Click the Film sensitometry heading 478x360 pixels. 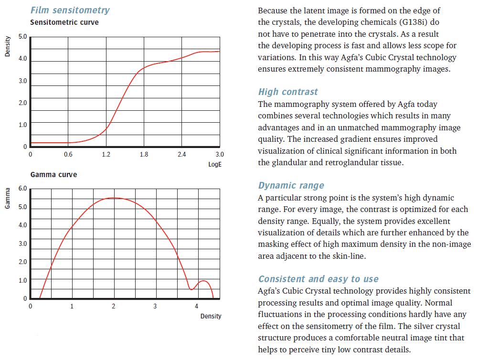click(x=70, y=10)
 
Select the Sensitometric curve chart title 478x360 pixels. click(x=64, y=22)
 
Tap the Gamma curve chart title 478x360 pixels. click(x=53, y=175)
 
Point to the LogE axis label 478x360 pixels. click(x=215, y=164)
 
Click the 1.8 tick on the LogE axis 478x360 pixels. click(x=144, y=154)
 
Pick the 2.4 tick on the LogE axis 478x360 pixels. click(x=181, y=154)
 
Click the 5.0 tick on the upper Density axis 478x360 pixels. click(x=22, y=37)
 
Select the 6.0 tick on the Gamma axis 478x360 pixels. click(x=22, y=189)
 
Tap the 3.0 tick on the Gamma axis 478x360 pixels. click(x=22, y=244)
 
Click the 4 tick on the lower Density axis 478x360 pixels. click(x=197, y=306)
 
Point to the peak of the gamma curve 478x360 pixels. click(x=114, y=198)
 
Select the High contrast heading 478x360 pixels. click(x=288, y=92)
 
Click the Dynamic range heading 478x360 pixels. click(x=291, y=185)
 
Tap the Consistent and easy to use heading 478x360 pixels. click(x=318, y=279)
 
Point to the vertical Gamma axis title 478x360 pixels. click(x=7, y=198)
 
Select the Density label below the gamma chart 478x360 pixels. click(x=211, y=316)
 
